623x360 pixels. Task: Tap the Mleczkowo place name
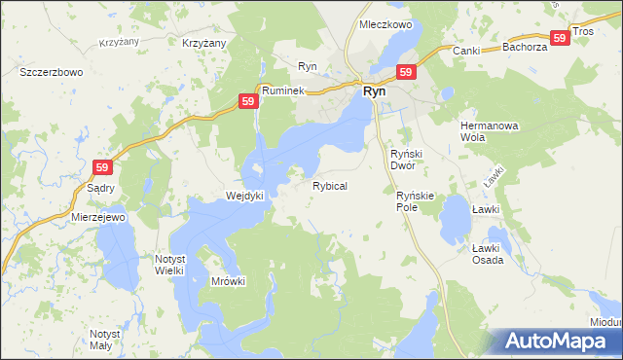point(386,23)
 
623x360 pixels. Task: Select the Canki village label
point(466,50)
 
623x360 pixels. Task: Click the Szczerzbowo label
point(51,72)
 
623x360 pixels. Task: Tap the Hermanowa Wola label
point(486,131)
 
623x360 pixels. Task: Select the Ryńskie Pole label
point(420,201)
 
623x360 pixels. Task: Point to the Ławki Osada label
point(487,254)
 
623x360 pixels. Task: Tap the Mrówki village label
point(229,281)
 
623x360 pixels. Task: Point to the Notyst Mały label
point(104,340)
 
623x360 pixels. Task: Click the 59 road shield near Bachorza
point(559,37)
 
